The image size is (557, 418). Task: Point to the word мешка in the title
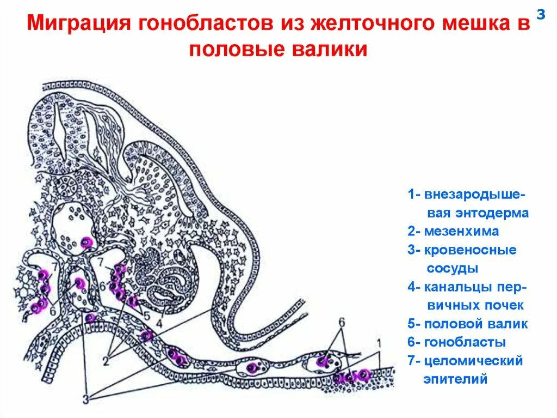click(x=479, y=25)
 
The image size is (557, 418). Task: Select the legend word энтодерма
click(x=482, y=213)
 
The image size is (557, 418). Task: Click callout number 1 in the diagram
click(x=379, y=343)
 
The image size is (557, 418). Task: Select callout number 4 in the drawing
click(x=159, y=323)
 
